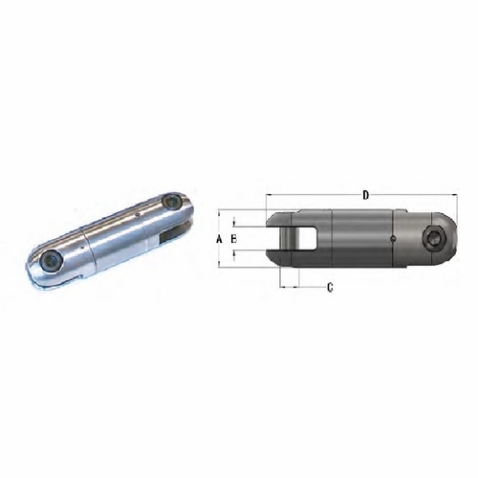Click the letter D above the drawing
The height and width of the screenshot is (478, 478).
365,195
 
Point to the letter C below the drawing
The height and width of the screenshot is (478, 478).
330,287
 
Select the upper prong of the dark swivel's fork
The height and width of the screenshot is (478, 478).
287,219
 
